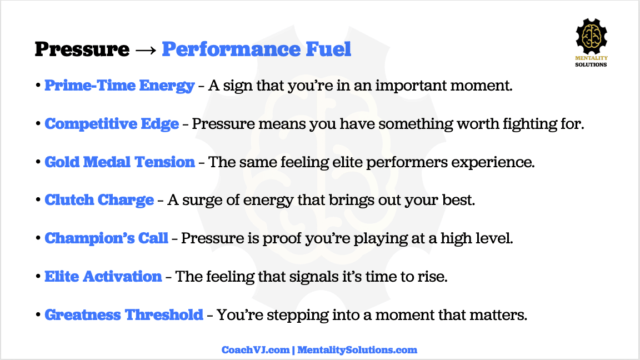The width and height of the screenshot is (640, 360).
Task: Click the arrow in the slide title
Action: (146, 50)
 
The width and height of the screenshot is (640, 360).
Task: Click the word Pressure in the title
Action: (82, 49)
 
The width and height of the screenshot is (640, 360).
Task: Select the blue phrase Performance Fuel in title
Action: (256, 49)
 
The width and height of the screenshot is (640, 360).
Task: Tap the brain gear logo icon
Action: (591, 36)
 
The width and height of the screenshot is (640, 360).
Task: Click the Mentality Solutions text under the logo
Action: (591, 61)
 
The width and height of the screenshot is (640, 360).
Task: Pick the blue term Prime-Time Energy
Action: (119, 86)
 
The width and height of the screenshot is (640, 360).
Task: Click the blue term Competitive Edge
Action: (112, 124)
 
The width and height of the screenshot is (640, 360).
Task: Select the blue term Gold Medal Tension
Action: (119, 162)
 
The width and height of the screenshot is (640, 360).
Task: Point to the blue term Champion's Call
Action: (106, 238)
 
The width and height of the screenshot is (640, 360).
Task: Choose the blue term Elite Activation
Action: (103, 277)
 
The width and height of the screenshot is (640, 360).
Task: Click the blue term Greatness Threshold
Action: (124, 315)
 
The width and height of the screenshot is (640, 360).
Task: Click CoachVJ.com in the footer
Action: (256, 350)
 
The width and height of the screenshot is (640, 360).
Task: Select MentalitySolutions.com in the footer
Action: (357, 350)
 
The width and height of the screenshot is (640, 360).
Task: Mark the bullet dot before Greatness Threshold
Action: (38, 314)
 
